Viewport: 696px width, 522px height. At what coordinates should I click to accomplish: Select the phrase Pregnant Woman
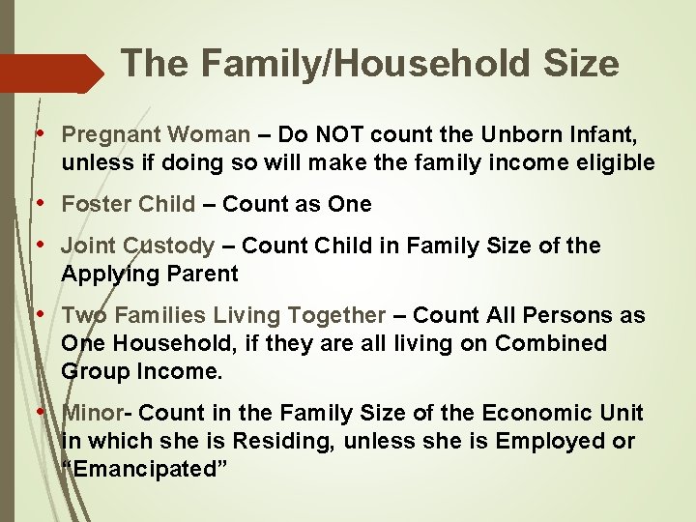[x=156, y=134]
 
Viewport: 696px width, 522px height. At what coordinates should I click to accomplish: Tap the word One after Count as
[x=350, y=204]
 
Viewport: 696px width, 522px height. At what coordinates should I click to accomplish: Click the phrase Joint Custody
[x=137, y=246]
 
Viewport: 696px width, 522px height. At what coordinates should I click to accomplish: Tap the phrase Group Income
[x=141, y=371]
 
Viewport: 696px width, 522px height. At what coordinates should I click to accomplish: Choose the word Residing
[x=308, y=441]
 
